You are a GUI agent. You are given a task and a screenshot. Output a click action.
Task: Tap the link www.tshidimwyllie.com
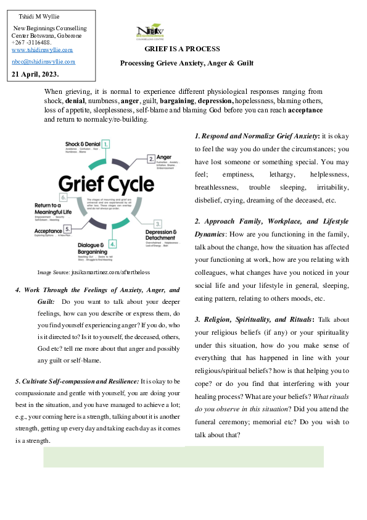pyautogui.click(x=42, y=49)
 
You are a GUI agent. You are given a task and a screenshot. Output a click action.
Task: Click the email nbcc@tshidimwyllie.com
pyautogui.click(x=43, y=62)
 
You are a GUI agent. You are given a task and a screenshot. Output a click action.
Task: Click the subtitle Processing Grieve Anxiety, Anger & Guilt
pyautogui.click(x=186, y=63)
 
